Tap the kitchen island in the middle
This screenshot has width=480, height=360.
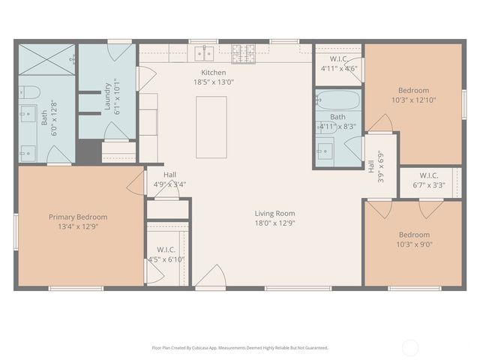(211, 127)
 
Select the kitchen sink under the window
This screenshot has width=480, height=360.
(203, 53)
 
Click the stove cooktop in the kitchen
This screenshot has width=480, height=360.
(243, 53)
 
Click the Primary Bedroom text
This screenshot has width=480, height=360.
(78, 217)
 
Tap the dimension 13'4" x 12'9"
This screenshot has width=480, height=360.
(78, 226)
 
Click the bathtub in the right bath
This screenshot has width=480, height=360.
(337, 100)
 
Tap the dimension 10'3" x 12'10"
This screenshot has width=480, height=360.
(413, 100)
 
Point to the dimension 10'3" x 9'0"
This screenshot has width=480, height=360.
(413, 244)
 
